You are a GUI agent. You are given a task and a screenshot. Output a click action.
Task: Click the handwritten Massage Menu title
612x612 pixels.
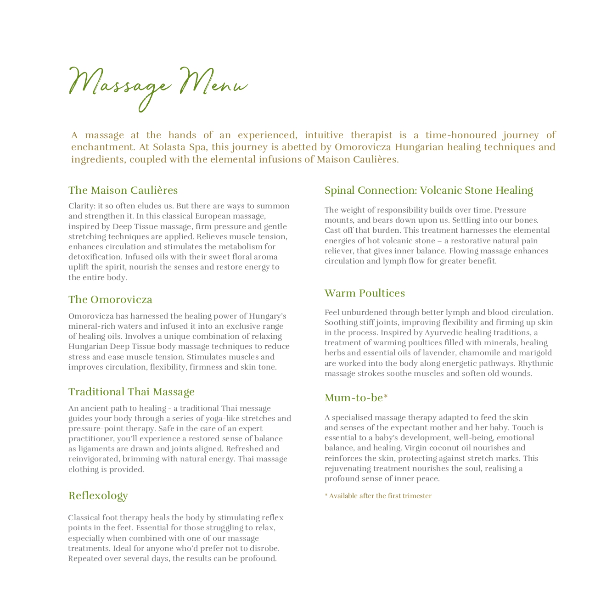coord(158,85)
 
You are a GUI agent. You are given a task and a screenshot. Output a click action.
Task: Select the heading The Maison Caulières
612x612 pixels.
coord(123,190)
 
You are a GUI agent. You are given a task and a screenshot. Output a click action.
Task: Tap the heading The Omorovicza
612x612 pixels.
coord(110,300)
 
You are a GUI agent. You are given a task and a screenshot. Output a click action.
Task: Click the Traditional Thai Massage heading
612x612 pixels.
coord(131,392)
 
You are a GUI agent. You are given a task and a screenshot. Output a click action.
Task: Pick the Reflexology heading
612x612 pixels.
coord(98,496)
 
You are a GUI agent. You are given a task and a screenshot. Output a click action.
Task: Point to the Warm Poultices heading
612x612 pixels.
coord(365,293)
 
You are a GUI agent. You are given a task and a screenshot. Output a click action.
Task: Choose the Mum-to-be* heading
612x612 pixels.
coord(356,398)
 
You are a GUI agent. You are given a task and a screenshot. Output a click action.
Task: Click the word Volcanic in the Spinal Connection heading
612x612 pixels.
coord(442,190)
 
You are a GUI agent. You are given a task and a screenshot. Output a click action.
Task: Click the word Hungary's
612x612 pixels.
coord(268,316)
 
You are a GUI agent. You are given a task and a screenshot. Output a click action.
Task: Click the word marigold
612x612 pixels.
coord(537,353)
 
